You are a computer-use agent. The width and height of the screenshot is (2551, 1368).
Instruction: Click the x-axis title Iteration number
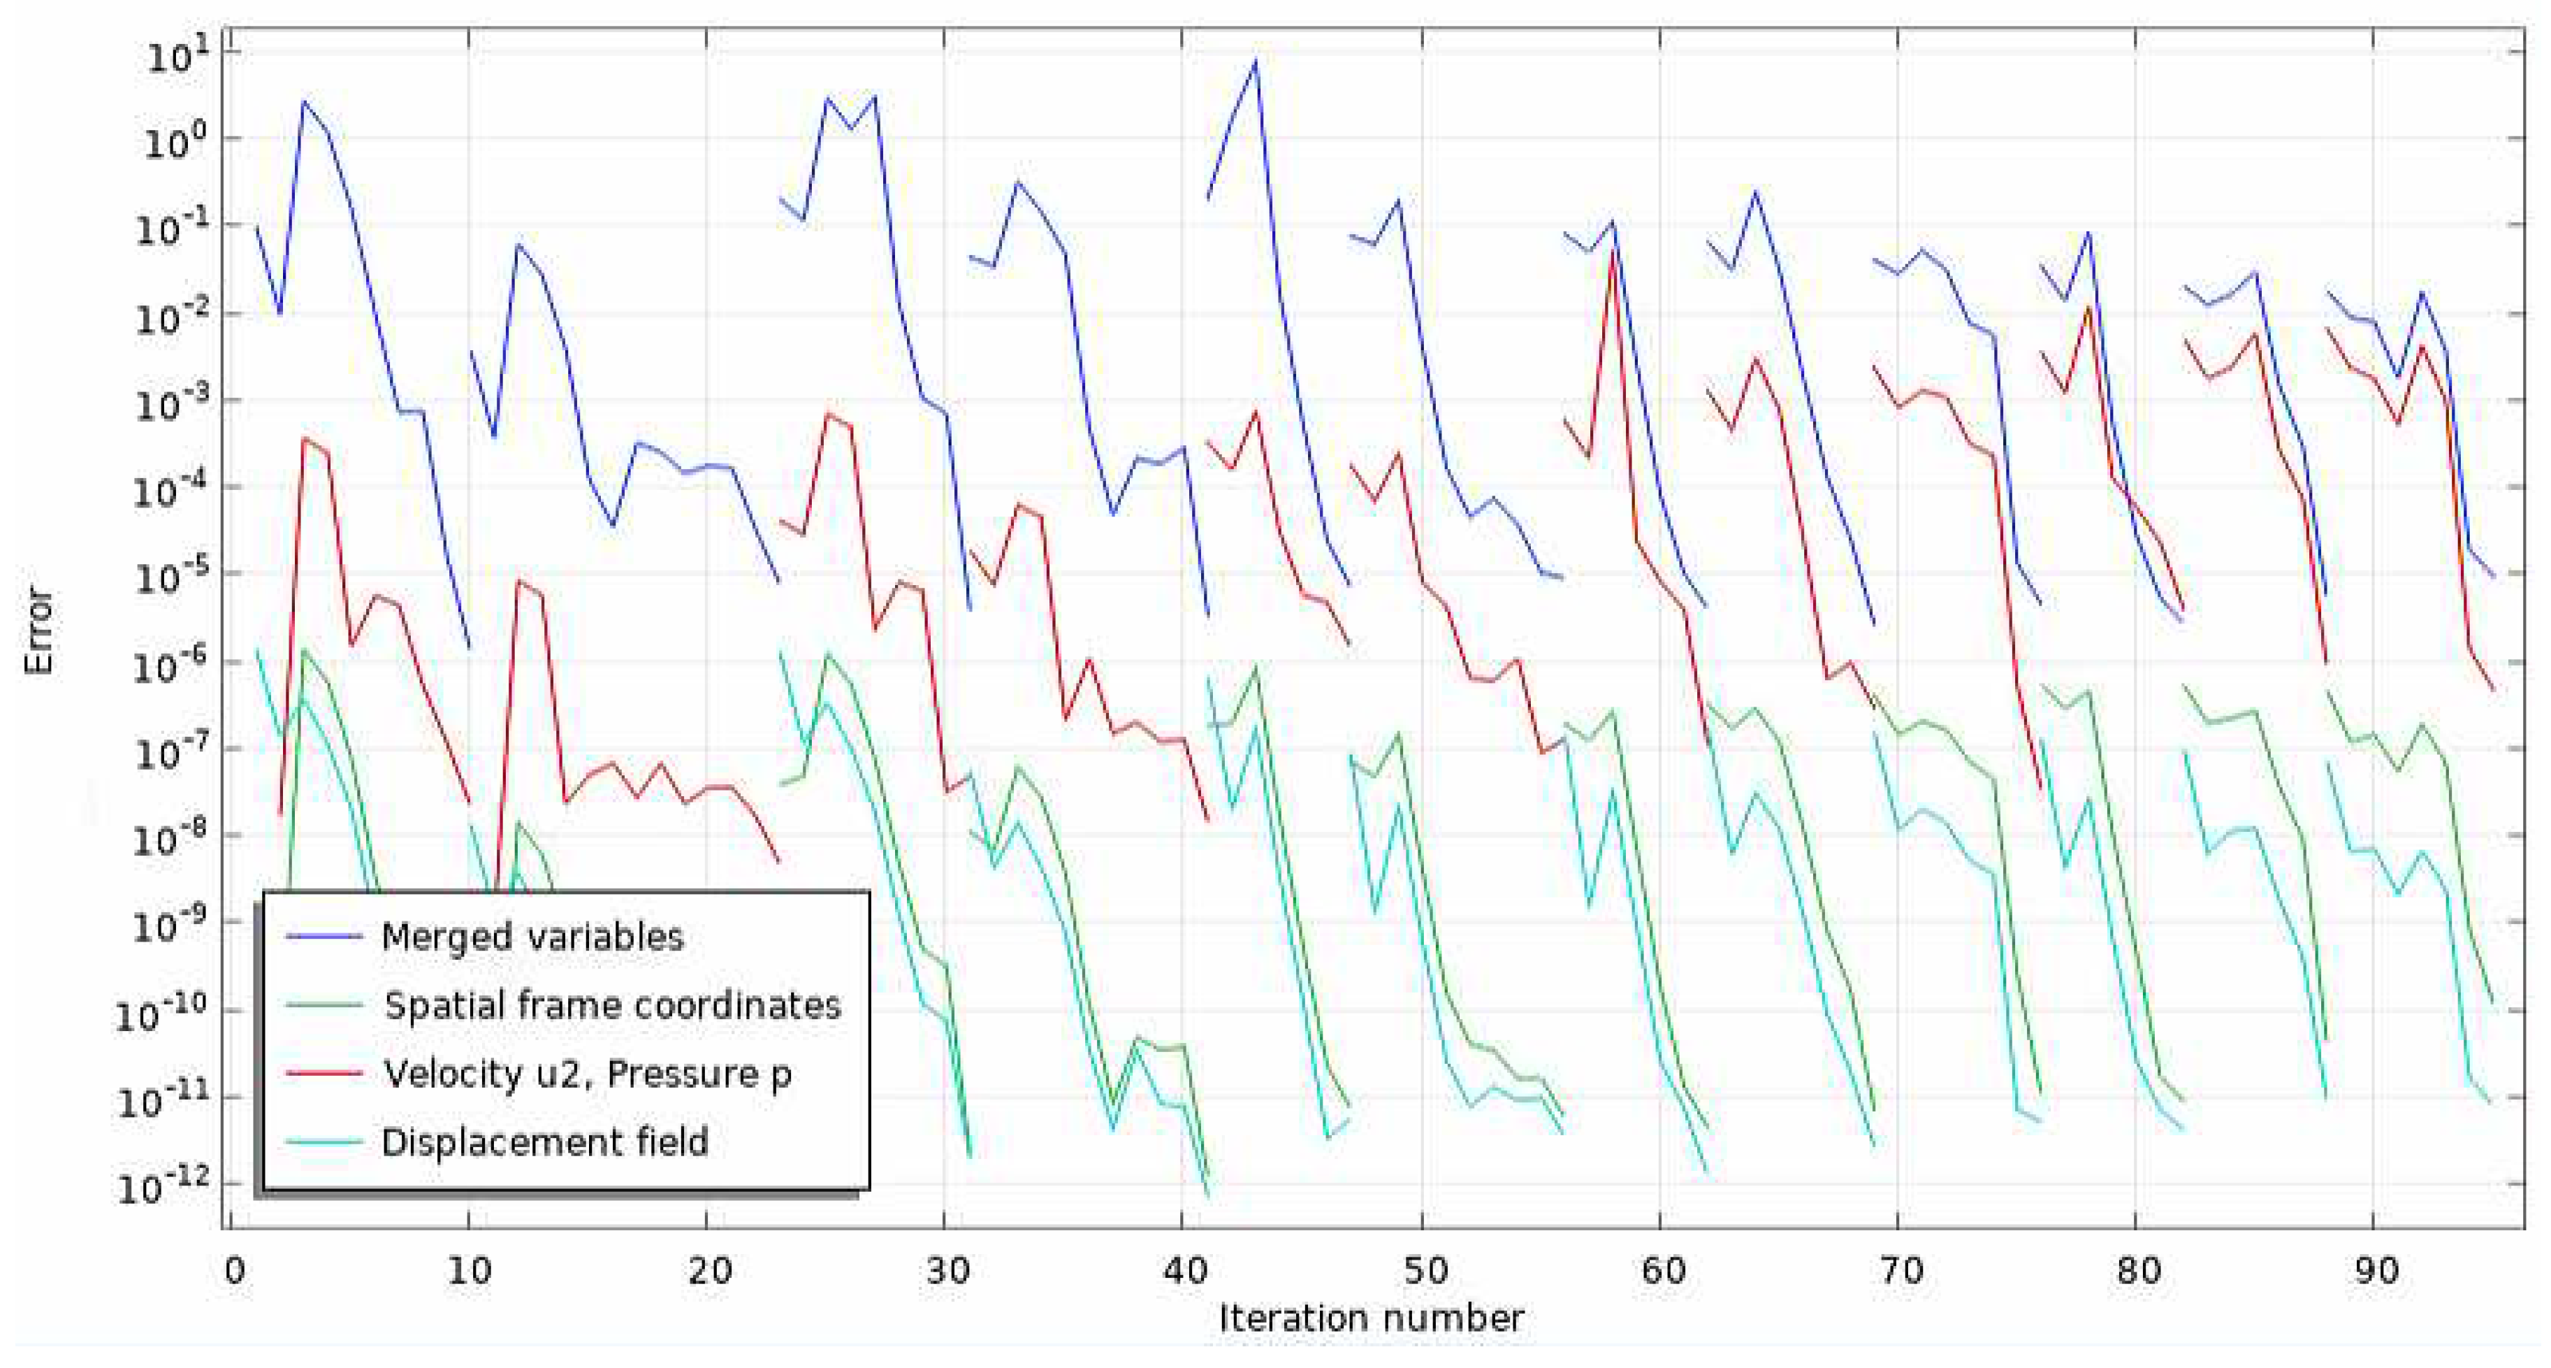[x=1371, y=1318]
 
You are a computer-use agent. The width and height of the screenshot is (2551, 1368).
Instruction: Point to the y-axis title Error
[x=38, y=631]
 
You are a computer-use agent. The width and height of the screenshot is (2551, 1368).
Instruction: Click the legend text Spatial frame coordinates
[x=613, y=1005]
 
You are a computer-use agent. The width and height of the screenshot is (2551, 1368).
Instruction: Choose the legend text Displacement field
[x=545, y=1142]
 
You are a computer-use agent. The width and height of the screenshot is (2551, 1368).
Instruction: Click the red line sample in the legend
[x=324, y=1074]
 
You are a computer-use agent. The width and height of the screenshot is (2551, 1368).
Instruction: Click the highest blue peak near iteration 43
[x=1256, y=62]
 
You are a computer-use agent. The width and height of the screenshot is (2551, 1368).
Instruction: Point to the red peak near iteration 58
[x=1613, y=252]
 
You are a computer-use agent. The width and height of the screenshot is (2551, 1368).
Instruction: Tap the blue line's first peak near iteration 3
[x=304, y=102]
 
